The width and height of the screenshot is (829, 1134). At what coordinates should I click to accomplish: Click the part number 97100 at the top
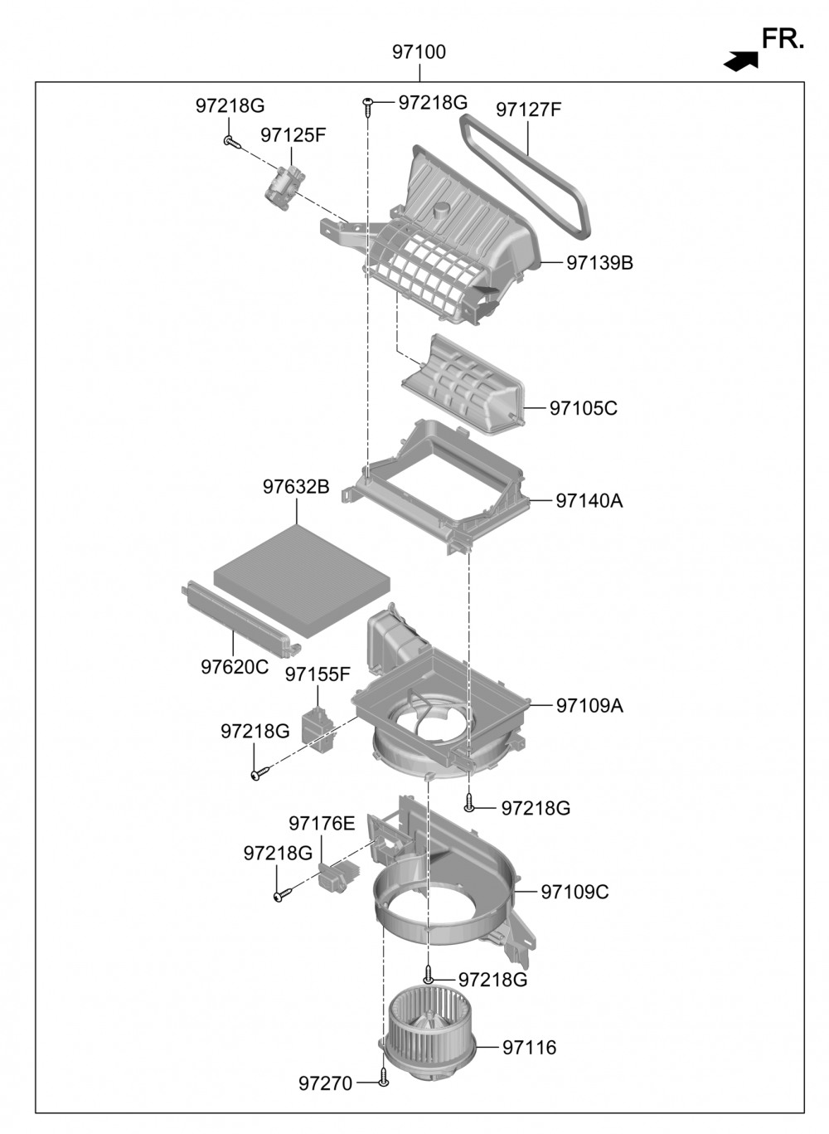coord(419,52)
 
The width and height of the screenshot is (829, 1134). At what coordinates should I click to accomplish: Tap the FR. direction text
coord(783,39)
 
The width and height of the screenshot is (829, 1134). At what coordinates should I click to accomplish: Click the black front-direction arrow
coord(741,61)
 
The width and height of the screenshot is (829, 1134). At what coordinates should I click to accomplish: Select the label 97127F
coord(529,110)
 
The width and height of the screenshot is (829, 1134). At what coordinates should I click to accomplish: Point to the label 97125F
coord(293,135)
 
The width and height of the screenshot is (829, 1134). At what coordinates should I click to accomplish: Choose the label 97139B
coord(599,263)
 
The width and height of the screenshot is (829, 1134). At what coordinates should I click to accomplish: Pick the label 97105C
coord(583,408)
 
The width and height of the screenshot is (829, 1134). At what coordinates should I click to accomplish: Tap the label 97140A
coord(589,501)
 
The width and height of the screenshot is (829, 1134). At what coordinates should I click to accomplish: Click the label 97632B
coord(296,487)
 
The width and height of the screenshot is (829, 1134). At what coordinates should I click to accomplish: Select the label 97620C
coord(235,667)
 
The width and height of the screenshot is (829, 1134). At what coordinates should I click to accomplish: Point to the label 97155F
coord(318,674)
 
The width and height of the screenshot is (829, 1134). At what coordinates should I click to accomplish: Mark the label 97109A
coord(589,706)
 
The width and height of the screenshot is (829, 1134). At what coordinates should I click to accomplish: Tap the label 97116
coord(529,1048)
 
